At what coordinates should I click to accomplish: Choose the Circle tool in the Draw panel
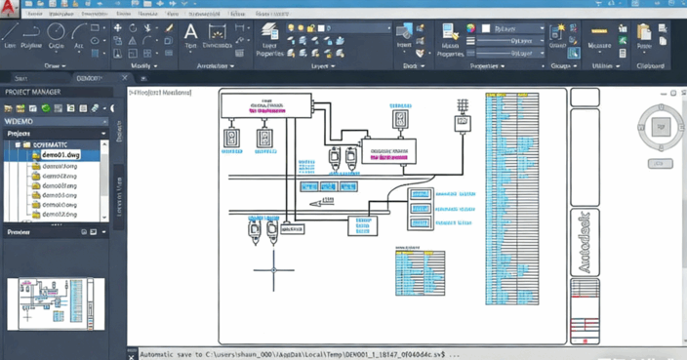click(57, 35)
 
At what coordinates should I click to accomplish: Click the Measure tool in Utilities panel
click(599, 35)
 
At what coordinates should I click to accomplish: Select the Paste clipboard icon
click(644, 35)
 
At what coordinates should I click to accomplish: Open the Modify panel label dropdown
click(143, 66)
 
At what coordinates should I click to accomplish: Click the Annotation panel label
click(216, 66)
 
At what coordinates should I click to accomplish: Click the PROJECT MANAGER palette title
click(33, 92)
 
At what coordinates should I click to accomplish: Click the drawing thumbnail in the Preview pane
click(56, 302)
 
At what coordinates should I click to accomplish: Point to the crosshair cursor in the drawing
click(274, 269)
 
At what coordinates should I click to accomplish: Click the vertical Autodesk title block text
click(585, 240)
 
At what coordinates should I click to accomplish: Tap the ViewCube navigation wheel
click(661, 127)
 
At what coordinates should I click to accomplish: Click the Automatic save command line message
click(293, 354)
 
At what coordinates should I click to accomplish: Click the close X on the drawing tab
click(124, 78)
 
